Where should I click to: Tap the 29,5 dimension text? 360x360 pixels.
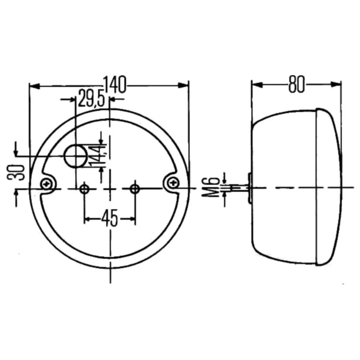click(x=91, y=98)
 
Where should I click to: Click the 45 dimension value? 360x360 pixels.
click(x=110, y=218)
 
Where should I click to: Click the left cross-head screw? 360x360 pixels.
click(x=47, y=184)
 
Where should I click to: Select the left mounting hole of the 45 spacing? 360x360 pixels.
click(x=85, y=189)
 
